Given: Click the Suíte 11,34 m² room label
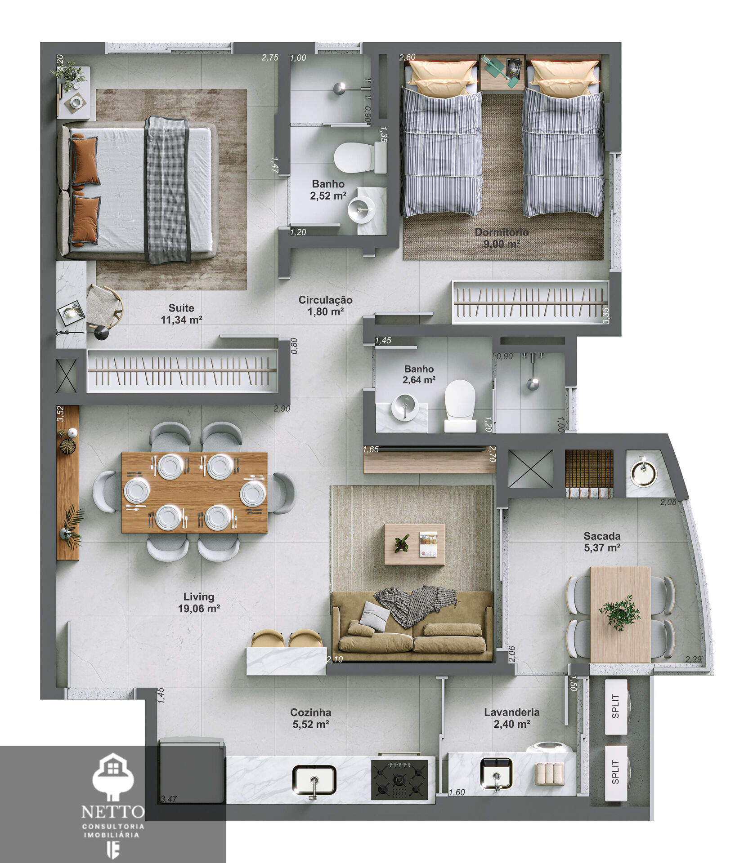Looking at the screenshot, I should (181, 314).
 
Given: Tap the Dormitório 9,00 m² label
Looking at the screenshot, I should (502, 238).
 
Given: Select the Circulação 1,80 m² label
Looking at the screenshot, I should (325, 306).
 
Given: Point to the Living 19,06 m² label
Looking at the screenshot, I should (198, 602).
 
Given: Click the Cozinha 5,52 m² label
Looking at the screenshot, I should (310, 718).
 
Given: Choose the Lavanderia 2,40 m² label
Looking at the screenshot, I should (511, 718).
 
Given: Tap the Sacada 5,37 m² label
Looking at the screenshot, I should (602, 542).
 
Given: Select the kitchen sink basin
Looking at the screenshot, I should (314, 780).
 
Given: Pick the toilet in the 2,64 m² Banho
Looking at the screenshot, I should (460, 405).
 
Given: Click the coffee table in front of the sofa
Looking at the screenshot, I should (414, 544).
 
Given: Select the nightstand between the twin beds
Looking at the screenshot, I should (502, 72).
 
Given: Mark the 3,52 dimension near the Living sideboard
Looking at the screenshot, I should (60, 414).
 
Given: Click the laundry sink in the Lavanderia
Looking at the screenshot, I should (496, 774).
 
